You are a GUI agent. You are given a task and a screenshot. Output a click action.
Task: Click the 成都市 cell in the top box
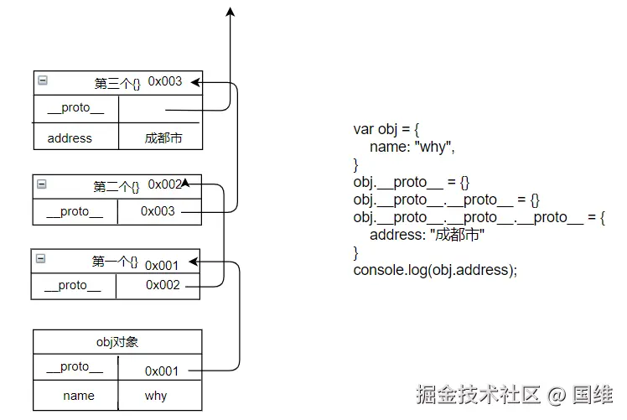[163, 137]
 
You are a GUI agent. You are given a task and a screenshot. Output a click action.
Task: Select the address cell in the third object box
[70, 137]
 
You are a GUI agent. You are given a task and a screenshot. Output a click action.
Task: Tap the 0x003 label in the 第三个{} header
[165, 81]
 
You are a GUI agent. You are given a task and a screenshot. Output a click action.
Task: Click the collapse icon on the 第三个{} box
[43, 81]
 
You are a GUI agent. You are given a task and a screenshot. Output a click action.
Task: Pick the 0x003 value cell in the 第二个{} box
[158, 211]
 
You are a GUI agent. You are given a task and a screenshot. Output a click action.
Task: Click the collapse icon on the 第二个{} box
[42, 184]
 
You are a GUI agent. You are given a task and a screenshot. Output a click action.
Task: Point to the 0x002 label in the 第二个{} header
[165, 184]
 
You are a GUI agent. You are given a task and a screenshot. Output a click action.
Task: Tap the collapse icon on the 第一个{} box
[41, 259]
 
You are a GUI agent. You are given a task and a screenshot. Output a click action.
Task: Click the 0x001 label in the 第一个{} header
[162, 265]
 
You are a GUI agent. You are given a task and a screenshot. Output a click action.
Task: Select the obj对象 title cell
[117, 341]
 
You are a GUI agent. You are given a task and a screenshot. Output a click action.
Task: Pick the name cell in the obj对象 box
[79, 396]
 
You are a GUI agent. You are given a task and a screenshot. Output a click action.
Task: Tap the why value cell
[156, 396]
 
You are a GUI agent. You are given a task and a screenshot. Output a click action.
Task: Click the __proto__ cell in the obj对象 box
[75, 367]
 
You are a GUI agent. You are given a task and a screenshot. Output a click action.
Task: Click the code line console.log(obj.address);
[435, 270]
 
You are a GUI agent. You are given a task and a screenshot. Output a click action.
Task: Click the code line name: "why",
[412, 147]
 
